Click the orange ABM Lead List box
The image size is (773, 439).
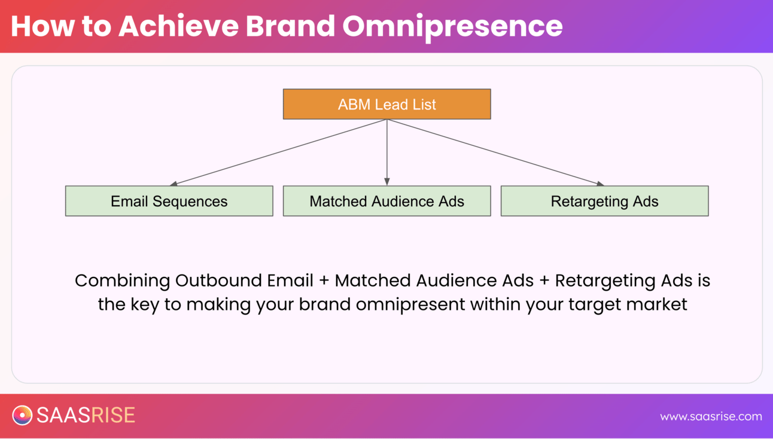click(386, 104)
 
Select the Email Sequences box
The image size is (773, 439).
click(169, 201)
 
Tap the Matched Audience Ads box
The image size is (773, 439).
click(386, 201)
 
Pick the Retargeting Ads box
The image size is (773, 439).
click(604, 201)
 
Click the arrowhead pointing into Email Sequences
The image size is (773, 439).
click(174, 184)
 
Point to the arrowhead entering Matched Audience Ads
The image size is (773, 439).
click(387, 182)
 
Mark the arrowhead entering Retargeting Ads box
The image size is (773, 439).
click(600, 184)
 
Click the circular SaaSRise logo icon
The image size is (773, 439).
click(22, 416)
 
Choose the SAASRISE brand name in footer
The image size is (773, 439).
click(86, 416)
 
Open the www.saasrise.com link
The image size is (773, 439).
click(711, 416)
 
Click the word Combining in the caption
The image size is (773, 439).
click(122, 281)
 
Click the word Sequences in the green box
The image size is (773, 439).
click(190, 201)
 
